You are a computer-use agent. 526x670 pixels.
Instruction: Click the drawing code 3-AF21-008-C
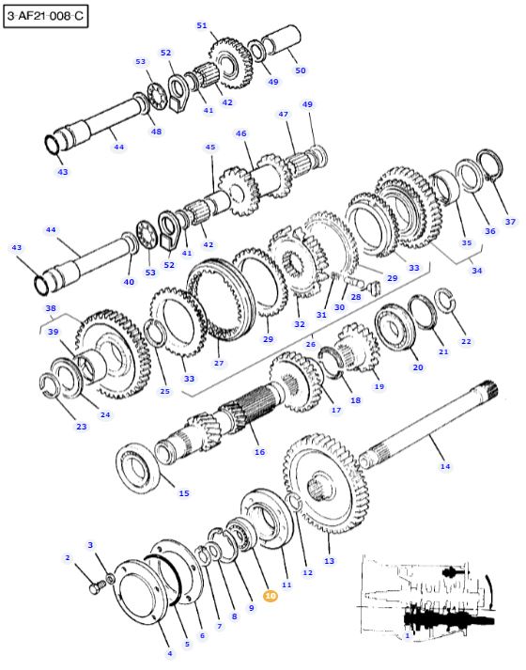point(44,16)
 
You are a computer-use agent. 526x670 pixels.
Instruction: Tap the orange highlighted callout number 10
point(271,595)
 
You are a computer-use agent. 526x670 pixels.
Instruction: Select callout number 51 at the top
point(202,25)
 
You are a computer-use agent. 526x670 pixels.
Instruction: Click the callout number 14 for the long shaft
point(445,466)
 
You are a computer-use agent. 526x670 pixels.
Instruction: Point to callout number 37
point(510,222)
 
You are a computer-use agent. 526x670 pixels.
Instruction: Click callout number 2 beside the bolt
point(68,558)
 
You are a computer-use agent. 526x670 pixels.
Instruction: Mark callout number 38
point(51,308)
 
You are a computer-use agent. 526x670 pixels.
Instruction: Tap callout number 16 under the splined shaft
point(259,452)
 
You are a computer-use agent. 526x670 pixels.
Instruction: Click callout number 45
point(209,148)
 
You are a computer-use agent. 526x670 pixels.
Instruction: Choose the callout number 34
point(477,271)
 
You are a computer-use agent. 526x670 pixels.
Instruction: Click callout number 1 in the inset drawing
point(407,635)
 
